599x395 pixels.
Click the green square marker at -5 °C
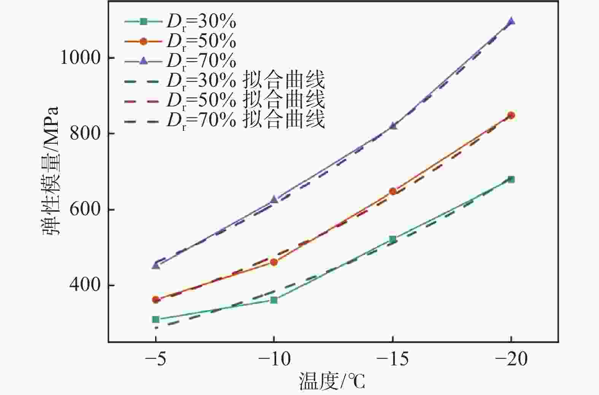156,319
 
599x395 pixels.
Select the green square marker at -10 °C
274,300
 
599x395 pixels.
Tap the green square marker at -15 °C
393,239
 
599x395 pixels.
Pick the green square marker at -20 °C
511,179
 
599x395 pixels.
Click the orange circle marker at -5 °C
156,300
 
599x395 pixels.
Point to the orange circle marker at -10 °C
274,262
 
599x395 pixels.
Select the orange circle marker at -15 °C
393,191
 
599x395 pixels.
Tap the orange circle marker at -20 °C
511,115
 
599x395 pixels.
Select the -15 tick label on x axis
393,359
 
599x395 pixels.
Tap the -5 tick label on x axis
156,359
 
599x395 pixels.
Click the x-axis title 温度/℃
332,381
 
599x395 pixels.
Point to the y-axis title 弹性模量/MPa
51,171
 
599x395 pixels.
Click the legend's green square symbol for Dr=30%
143,22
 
